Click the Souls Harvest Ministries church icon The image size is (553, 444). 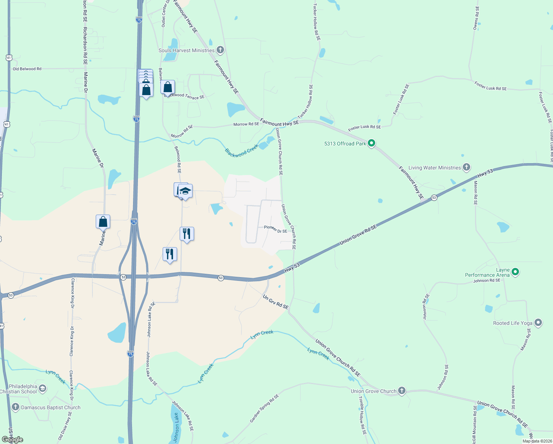(x=220, y=50)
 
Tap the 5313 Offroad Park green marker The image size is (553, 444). (x=372, y=143)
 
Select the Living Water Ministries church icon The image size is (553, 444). (x=467, y=167)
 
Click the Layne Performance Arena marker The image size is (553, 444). (x=515, y=272)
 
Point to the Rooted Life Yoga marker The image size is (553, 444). (x=538, y=323)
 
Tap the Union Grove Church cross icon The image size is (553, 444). (x=402, y=391)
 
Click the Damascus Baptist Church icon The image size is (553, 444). (x=15, y=407)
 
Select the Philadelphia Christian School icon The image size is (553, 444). (x=43, y=388)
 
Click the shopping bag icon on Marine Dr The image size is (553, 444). (x=103, y=222)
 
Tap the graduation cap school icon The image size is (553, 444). (x=185, y=191)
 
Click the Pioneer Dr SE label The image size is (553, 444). (x=275, y=229)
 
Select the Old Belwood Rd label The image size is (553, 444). (x=27, y=69)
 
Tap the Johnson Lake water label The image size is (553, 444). (x=177, y=427)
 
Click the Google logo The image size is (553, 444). (x=13, y=440)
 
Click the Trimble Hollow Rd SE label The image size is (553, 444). (x=362, y=415)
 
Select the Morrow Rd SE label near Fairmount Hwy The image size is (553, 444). (x=246, y=124)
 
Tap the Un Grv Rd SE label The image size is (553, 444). (x=275, y=302)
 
